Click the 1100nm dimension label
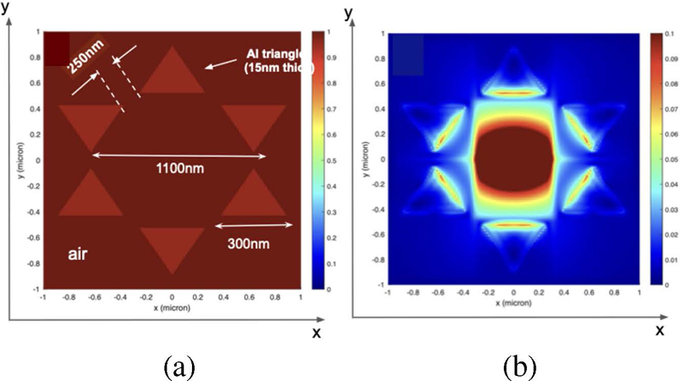coord(178,169)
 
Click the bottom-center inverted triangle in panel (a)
coord(173,247)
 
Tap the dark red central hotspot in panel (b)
coord(514,159)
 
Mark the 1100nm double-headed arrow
coord(179,156)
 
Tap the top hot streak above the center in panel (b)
coord(513,93)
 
